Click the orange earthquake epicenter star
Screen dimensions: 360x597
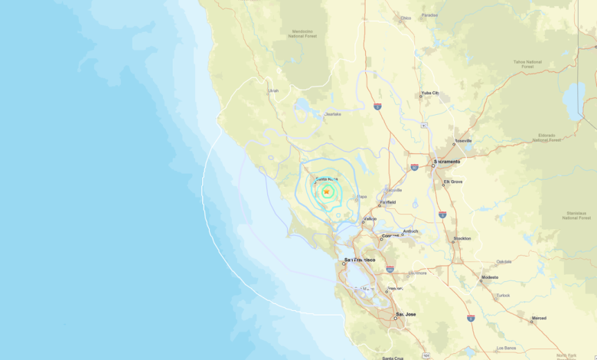click(x=327, y=191)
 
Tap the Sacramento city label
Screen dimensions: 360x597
click(x=448, y=162)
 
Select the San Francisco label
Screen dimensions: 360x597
click(x=360, y=260)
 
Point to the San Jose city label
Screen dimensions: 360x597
click(x=406, y=316)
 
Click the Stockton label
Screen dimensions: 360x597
click(x=462, y=238)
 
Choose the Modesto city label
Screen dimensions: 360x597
click(x=490, y=277)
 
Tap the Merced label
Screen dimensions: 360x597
click(x=539, y=318)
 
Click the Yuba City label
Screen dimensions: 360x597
click(x=429, y=93)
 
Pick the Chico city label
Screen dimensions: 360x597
click(x=405, y=17)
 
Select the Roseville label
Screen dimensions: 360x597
click(x=463, y=141)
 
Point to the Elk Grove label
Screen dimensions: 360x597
click(x=453, y=182)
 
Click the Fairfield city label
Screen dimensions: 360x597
click(x=387, y=202)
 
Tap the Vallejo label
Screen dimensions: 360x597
click(x=370, y=218)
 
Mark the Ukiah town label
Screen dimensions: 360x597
click(x=273, y=90)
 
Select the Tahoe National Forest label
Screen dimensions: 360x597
click(x=528, y=64)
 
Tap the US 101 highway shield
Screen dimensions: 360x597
click(x=426, y=355)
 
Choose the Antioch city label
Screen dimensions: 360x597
click(x=410, y=231)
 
